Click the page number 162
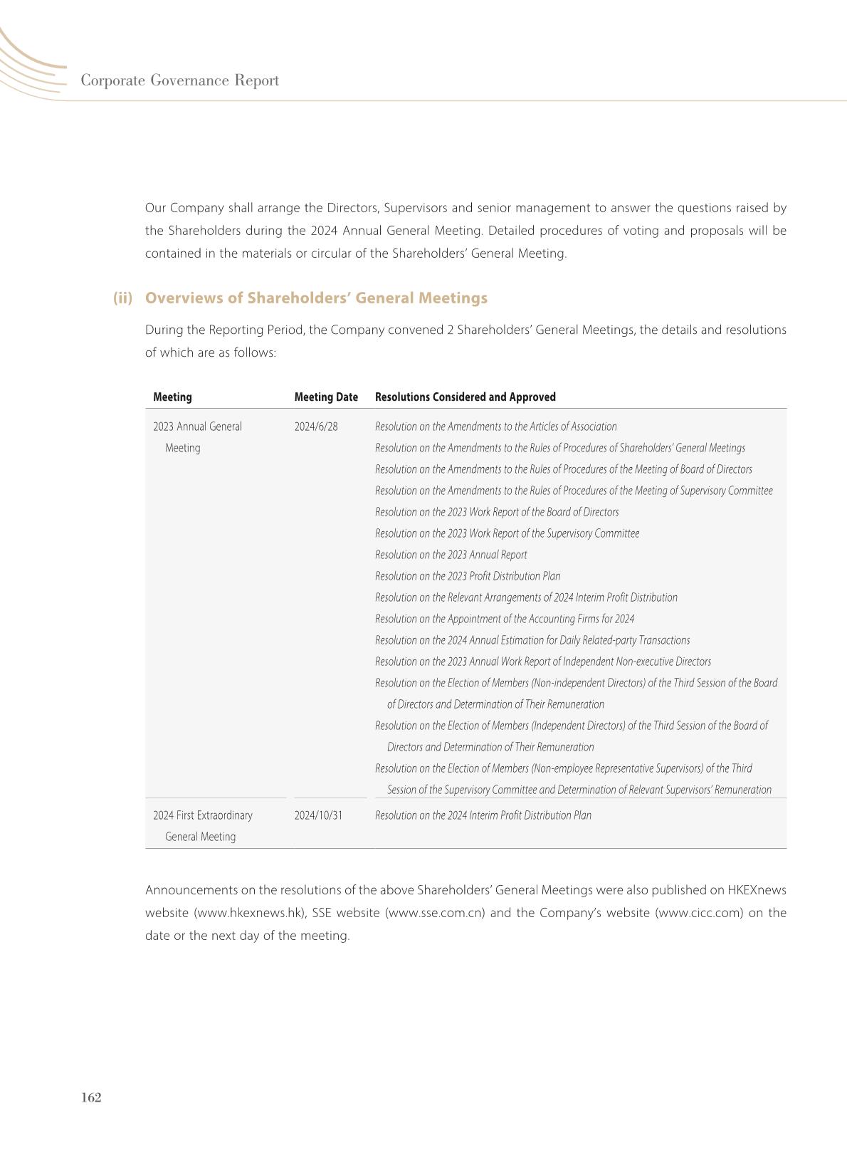coord(91,1097)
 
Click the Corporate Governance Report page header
coord(179,80)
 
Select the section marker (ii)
coord(122,298)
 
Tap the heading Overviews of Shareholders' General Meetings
coord(316,298)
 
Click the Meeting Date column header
coord(326,397)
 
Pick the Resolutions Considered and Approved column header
coord(465,397)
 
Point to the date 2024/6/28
coord(316,427)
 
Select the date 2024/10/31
coord(318,815)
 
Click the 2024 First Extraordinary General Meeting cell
coord(202,826)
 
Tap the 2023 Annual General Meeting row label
coord(197,437)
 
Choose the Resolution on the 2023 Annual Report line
coord(451,555)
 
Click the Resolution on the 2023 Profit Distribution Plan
coord(468,576)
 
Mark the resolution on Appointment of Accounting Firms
coord(505,619)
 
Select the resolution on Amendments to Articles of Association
coord(495,427)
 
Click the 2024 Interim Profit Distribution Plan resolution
coord(483,815)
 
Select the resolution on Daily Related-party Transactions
coord(532,640)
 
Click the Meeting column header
coord(172,397)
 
